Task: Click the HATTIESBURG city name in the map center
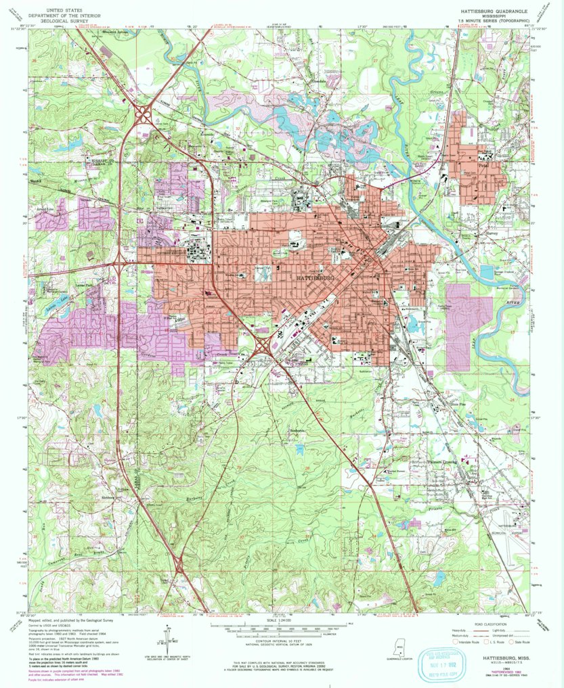[316, 278]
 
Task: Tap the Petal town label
[483, 164]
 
